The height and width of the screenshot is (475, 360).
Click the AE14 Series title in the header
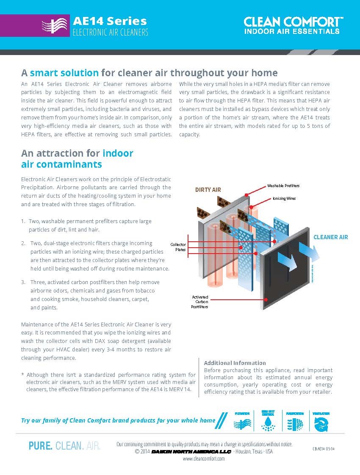coord(110,21)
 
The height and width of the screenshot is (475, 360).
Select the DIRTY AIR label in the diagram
coord(208,190)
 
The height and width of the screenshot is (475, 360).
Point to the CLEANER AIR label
coord(330,237)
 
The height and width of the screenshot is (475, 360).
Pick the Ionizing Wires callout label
coord(284,198)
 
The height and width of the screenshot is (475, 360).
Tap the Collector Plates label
coord(178,247)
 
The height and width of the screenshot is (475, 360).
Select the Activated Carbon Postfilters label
coord(200,302)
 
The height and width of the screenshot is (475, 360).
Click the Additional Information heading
coord(235,363)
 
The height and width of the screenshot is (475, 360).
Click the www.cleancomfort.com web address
coord(204,458)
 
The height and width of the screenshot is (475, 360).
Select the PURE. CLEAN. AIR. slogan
coord(64,446)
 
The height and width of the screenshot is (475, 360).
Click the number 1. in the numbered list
coord(23,221)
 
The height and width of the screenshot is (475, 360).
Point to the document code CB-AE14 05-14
coord(324,448)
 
